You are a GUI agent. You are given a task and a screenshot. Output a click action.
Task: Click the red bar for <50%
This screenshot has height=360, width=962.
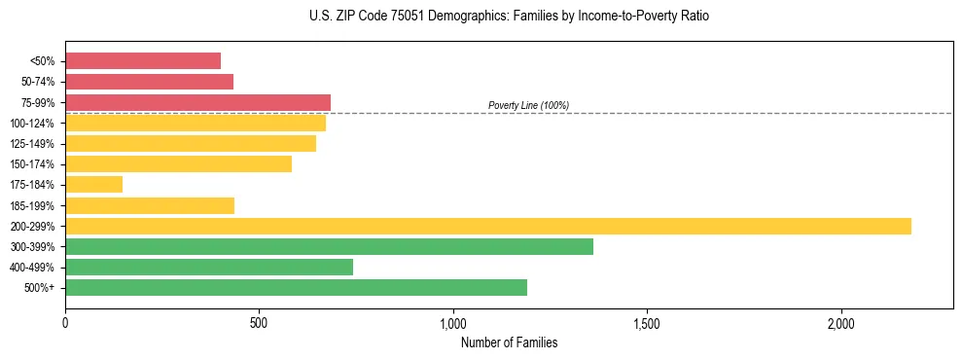point(143,61)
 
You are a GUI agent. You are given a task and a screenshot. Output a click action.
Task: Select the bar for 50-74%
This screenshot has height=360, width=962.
point(149,82)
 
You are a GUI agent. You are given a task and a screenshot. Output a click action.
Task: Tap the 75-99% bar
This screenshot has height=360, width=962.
point(197,102)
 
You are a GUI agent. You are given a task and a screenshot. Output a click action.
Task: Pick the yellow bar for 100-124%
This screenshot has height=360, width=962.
point(196,123)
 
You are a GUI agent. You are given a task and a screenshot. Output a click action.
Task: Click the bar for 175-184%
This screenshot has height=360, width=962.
point(93,185)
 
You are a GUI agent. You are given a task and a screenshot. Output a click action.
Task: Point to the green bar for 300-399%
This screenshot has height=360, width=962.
point(329,246)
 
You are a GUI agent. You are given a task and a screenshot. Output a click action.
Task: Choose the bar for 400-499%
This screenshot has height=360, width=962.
point(209,267)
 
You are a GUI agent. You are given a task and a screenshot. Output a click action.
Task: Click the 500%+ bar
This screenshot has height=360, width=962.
point(296,287)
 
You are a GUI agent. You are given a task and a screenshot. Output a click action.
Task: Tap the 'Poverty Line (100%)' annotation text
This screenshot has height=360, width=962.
point(528,105)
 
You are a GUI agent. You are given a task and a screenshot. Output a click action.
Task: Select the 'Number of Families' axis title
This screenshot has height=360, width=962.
point(509,342)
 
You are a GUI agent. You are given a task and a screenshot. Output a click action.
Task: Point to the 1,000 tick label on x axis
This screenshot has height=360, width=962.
point(453,323)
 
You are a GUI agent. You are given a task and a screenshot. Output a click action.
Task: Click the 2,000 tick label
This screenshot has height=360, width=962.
point(841,323)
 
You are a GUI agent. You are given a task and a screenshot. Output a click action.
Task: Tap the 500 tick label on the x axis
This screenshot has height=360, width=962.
point(259,323)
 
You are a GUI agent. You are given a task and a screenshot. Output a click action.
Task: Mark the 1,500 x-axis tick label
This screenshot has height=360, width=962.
point(647,323)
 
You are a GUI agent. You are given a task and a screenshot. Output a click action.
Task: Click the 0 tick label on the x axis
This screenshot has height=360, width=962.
point(65,323)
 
